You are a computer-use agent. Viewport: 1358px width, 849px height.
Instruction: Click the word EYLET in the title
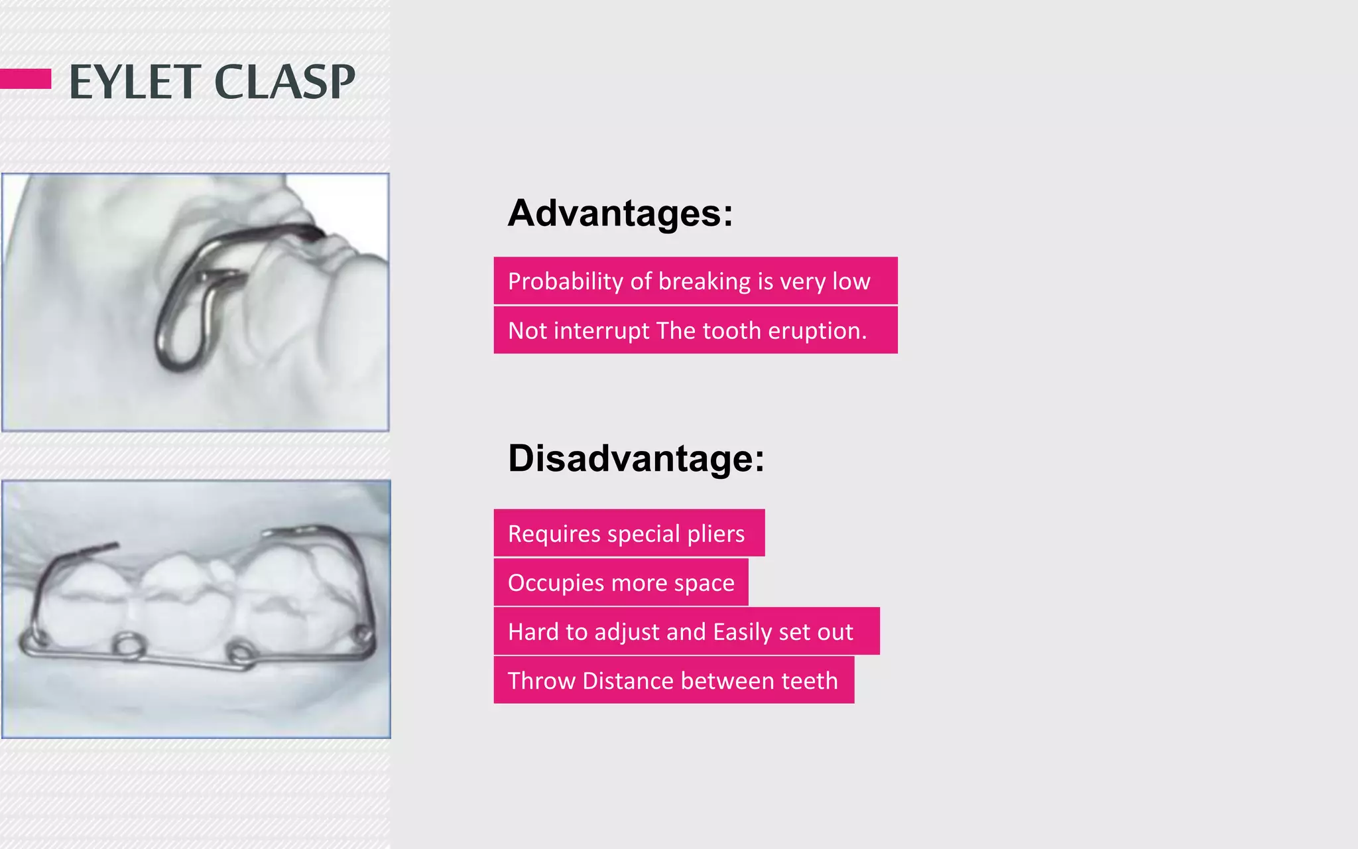135,82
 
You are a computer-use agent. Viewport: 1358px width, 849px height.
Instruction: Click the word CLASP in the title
284,82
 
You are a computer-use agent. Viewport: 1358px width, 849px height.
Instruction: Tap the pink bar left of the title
25,78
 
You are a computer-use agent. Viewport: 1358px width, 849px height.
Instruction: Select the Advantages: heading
620,213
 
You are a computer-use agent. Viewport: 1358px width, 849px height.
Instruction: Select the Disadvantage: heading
636,458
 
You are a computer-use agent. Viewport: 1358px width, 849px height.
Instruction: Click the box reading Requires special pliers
629,533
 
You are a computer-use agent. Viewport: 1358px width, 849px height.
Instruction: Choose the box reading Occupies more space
621,582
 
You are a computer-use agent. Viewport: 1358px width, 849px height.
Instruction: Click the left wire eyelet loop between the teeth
128,645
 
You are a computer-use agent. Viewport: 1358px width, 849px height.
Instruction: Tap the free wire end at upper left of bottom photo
109,547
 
